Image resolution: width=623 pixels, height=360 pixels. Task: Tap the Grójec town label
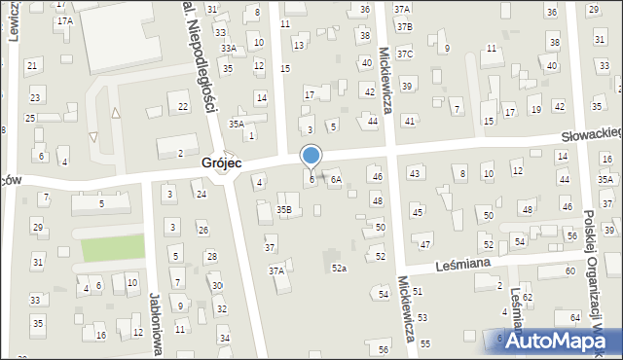pyautogui.click(x=221, y=164)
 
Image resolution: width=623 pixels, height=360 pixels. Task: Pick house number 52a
pyautogui.click(x=339, y=268)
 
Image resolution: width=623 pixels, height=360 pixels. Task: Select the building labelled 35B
pyautogui.click(x=284, y=209)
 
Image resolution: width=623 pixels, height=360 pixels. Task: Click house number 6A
pyautogui.click(x=335, y=179)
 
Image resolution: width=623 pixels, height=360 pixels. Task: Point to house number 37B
pyautogui.click(x=404, y=26)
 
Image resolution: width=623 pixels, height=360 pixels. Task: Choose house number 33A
pyautogui.click(x=228, y=48)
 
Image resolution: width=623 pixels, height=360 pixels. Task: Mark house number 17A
pyautogui.click(x=65, y=20)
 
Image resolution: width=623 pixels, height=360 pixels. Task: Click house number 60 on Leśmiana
pyautogui.click(x=569, y=270)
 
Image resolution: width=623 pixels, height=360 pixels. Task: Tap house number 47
pyautogui.click(x=424, y=241)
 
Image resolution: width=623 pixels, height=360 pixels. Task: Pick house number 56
pyautogui.click(x=384, y=349)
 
